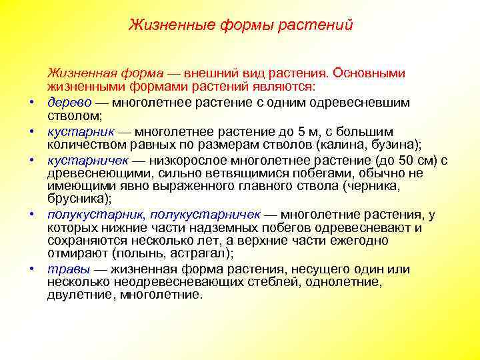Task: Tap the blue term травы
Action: click(x=65, y=269)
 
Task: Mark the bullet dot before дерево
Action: click(x=31, y=104)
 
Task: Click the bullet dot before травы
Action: click(x=31, y=270)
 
